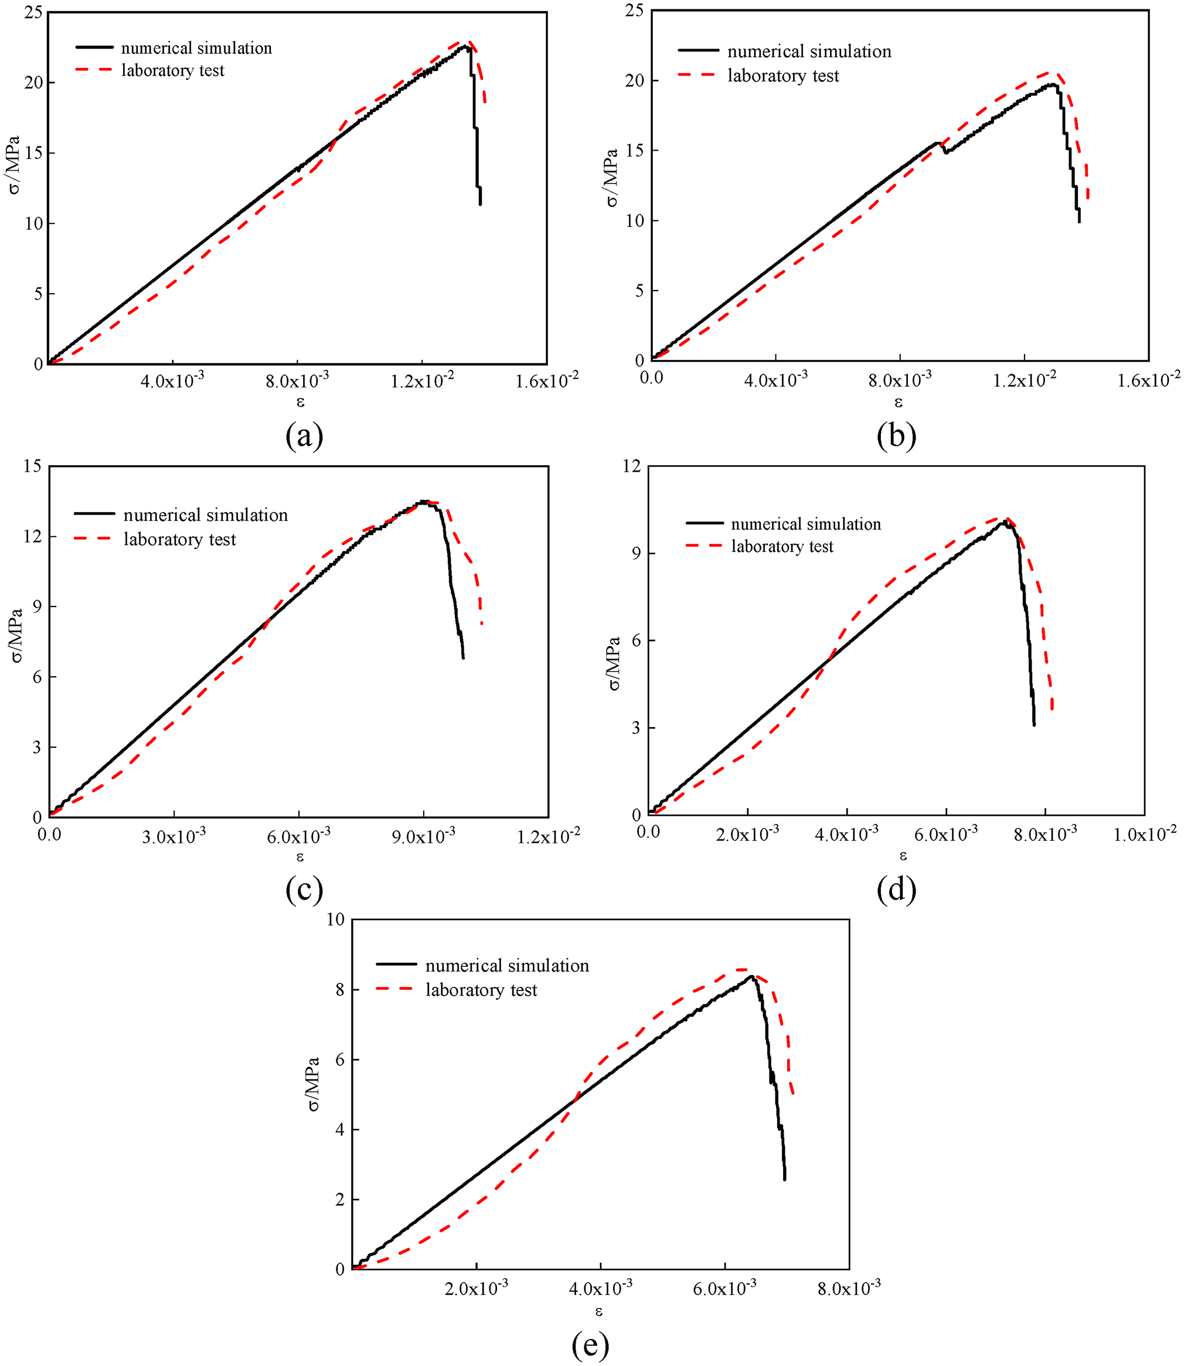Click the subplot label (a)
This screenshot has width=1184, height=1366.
click(x=304, y=436)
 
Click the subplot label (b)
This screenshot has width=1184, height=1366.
click(x=896, y=436)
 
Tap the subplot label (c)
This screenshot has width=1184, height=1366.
click(x=304, y=890)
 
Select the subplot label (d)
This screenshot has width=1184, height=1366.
click(x=896, y=890)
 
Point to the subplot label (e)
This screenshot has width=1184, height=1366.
click(x=590, y=1345)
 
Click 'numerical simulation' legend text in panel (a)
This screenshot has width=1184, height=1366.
click(x=196, y=48)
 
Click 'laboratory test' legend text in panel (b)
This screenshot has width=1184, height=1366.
click(x=783, y=76)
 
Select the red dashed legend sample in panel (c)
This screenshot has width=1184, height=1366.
click(x=94, y=540)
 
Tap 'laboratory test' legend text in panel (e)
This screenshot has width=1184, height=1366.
click(x=481, y=990)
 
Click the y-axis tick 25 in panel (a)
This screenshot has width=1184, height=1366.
click(x=33, y=12)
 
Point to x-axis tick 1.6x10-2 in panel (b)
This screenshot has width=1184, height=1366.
click(x=1148, y=380)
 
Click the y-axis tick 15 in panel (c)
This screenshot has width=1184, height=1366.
click(x=32, y=466)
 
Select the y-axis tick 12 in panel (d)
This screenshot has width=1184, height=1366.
click(x=631, y=466)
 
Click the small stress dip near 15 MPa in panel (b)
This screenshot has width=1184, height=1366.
click(x=946, y=151)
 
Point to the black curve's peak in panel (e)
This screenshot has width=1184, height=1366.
click(x=751, y=976)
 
